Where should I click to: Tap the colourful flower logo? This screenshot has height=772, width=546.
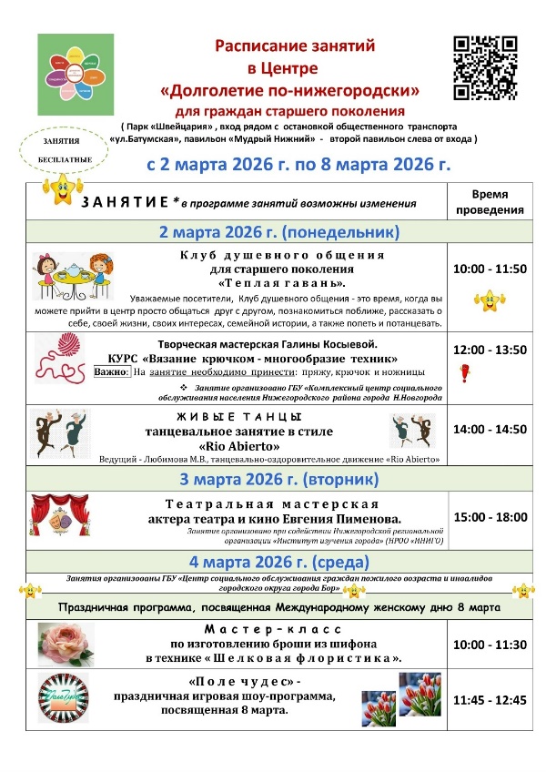(76, 75)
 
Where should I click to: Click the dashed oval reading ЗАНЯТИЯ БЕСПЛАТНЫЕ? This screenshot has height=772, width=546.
(60, 150)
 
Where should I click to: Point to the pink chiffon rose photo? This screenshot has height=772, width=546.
(66, 644)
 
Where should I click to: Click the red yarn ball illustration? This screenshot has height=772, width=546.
(60, 361)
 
